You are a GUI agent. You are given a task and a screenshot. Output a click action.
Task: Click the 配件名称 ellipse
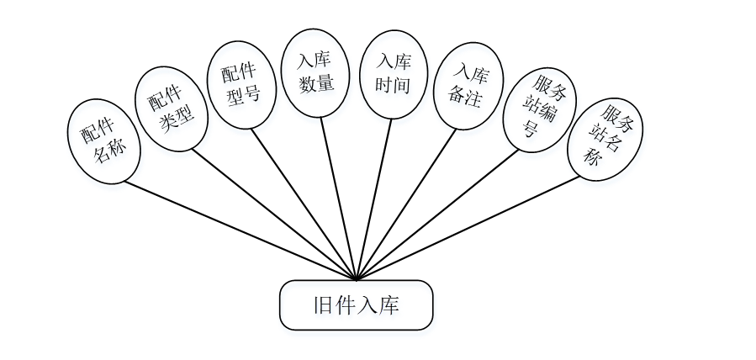click(x=103, y=141)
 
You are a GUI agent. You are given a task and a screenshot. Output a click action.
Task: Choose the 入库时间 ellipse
click(x=392, y=74)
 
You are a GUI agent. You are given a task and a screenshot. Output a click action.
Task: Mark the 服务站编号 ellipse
click(x=538, y=109)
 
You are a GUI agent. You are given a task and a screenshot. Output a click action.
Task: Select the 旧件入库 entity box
click(x=356, y=304)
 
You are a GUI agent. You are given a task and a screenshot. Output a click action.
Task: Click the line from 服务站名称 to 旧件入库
click(x=471, y=227)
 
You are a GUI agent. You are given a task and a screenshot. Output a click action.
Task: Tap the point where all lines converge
click(x=356, y=278)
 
